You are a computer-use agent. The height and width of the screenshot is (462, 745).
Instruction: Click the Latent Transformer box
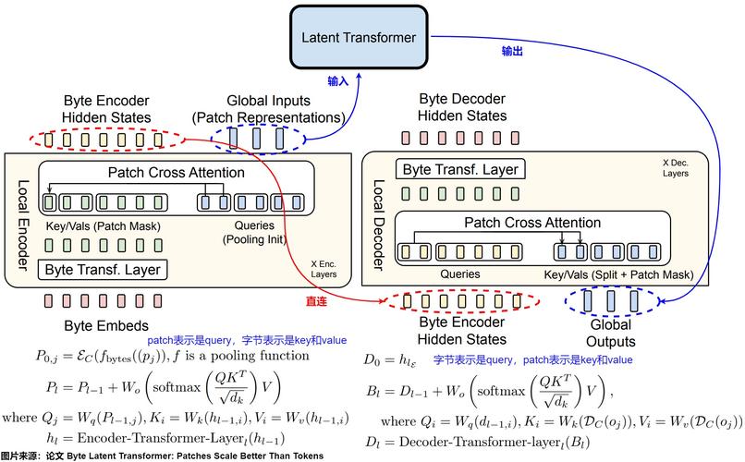click(360, 38)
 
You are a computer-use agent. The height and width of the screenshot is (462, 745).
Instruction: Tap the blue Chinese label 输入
click(338, 81)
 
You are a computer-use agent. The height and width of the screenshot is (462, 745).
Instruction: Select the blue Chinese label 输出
click(512, 52)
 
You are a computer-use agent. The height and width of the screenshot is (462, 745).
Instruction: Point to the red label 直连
click(318, 301)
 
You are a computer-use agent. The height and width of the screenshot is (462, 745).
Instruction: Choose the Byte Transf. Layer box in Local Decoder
click(459, 169)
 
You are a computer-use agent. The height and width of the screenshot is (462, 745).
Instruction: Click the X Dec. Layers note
click(676, 167)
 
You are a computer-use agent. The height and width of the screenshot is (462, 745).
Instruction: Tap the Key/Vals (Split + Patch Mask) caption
click(618, 274)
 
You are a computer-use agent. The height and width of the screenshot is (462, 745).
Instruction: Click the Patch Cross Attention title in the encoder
click(177, 173)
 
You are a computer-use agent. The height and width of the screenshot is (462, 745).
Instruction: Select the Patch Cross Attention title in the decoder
click(531, 223)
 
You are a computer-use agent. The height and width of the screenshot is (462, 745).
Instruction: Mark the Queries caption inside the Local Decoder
click(459, 274)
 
